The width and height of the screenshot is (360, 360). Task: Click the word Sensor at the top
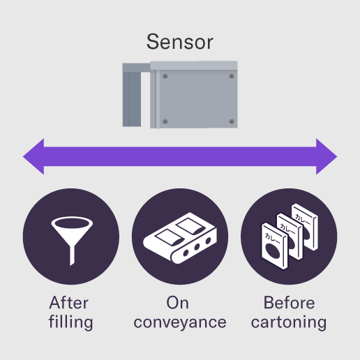180,42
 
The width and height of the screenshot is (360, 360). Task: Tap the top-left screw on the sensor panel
165,76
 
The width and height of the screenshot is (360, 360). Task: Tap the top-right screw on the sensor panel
232,76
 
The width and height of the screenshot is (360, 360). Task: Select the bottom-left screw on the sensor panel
165,121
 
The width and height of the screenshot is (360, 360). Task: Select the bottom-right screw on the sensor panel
232,121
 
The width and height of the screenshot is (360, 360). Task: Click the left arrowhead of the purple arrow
33,156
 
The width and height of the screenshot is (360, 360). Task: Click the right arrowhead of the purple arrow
327,156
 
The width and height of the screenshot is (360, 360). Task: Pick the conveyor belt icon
180,238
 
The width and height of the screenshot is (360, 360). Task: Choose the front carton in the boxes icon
274,246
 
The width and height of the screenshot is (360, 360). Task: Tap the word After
69,303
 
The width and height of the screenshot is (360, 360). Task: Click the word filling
70,322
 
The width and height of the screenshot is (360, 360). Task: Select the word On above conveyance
177,303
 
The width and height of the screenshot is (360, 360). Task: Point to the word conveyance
180,323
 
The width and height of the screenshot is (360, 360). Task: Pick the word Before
289,303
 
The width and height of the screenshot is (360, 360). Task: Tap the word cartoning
289,322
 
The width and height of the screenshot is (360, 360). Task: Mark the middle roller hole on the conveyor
197,247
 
